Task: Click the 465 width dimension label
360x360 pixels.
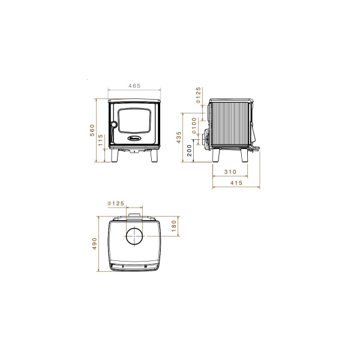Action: pos(134,86)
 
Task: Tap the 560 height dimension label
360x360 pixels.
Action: pos(92,130)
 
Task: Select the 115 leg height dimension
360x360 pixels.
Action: pos(101,140)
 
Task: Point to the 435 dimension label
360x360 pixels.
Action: pos(179,137)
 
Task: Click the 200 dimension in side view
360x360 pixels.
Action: pos(190,151)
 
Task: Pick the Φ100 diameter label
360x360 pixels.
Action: pos(194,125)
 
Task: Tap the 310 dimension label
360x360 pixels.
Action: pos(230,172)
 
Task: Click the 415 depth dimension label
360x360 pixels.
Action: pos(236,183)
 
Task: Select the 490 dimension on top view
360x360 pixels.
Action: pos(94,244)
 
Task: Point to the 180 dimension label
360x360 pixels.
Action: pos(174,226)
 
